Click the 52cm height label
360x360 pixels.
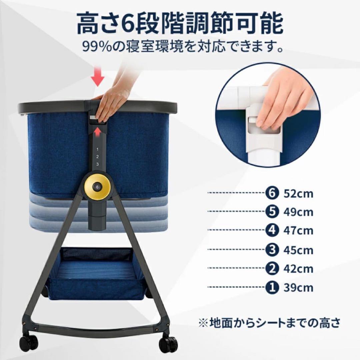click(298, 193)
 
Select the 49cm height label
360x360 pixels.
click(298, 212)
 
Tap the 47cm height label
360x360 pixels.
click(298, 231)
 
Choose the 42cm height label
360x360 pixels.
click(298, 268)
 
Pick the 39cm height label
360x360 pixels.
click(298, 287)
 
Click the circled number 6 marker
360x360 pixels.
click(272, 193)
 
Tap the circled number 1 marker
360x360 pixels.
click(272, 287)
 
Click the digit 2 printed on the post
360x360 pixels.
click(97, 157)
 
